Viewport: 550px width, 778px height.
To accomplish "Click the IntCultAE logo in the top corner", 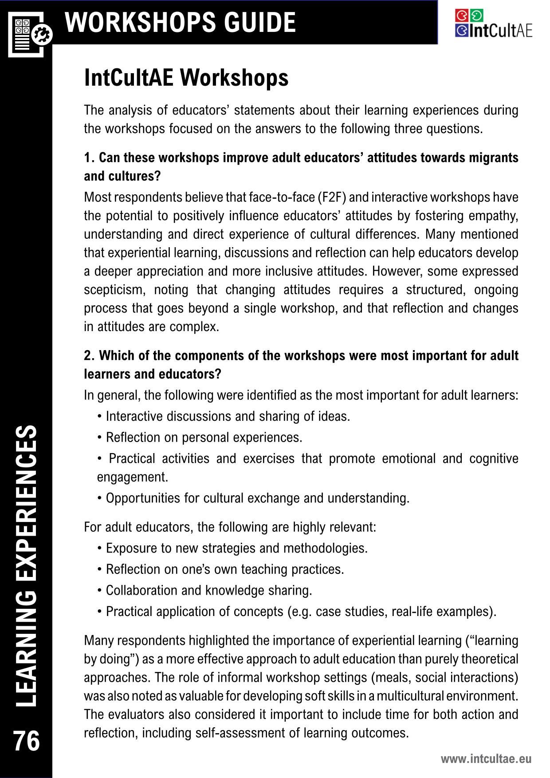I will [493, 24].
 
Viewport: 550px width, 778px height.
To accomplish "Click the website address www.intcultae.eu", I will [486, 758].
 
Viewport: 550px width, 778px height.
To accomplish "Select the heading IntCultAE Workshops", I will [186, 78].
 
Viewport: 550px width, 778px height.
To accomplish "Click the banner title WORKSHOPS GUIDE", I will [180, 22].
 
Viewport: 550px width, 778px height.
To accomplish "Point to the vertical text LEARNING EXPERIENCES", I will [26, 566].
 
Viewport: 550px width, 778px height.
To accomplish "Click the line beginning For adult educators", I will [230, 527].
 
